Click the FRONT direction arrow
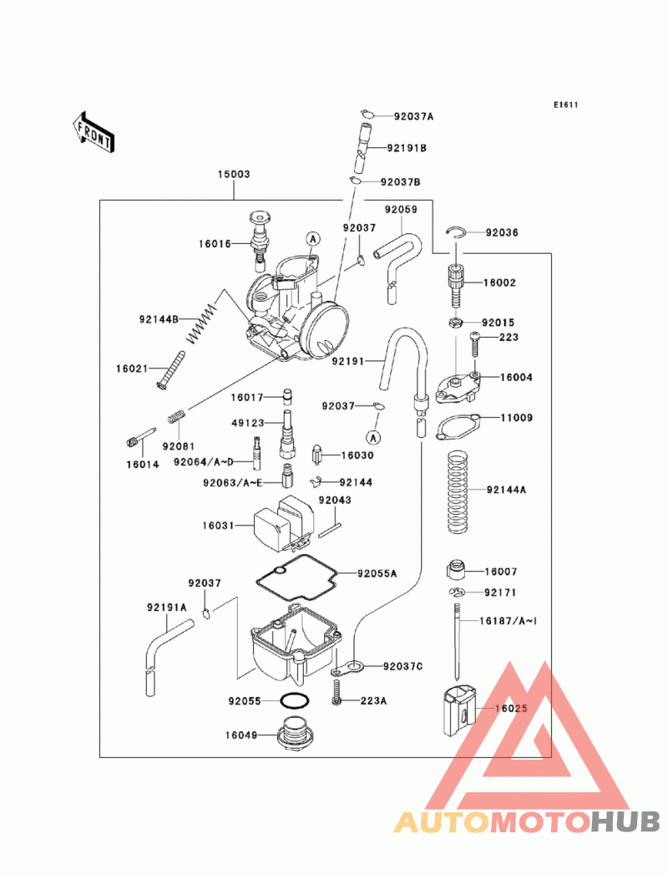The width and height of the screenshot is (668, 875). [x=94, y=132]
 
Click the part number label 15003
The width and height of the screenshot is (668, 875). [x=234, y=174]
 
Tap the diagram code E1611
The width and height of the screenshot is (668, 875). [x=565, y=105]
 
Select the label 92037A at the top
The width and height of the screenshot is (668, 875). [x=413, y=117]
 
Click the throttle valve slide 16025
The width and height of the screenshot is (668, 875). [x=459, y=711]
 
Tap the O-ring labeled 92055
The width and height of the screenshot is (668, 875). [x=295, y=701]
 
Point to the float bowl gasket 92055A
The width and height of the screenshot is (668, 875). [x=296, y=578]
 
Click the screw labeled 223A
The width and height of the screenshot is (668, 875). [x=337, y=692]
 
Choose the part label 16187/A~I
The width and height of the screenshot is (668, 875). [x=508, y=621]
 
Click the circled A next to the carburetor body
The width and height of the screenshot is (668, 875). [x=313, y=239]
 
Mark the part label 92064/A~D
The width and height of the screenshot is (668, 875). [x=204, y=462]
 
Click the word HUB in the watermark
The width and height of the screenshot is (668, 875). [x=625, y=822]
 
